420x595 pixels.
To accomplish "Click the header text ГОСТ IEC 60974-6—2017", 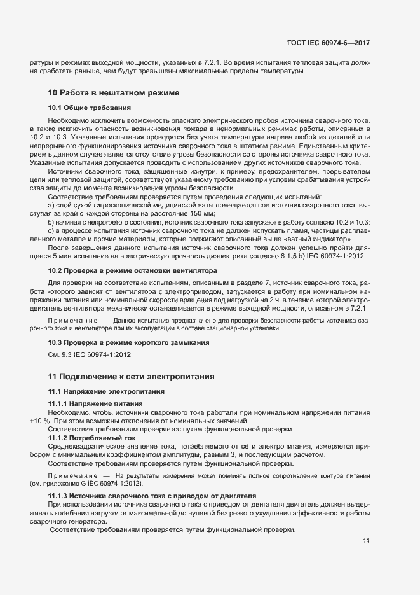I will pyautogui.click(x=328, y=43).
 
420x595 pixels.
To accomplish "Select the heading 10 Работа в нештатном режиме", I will pyautogui.click(x=114, y=93).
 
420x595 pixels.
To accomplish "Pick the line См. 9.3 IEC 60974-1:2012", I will pyautogui.click(x=91, y=354).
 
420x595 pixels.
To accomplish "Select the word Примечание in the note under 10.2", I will pyautogui.click(x=72, y=319).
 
